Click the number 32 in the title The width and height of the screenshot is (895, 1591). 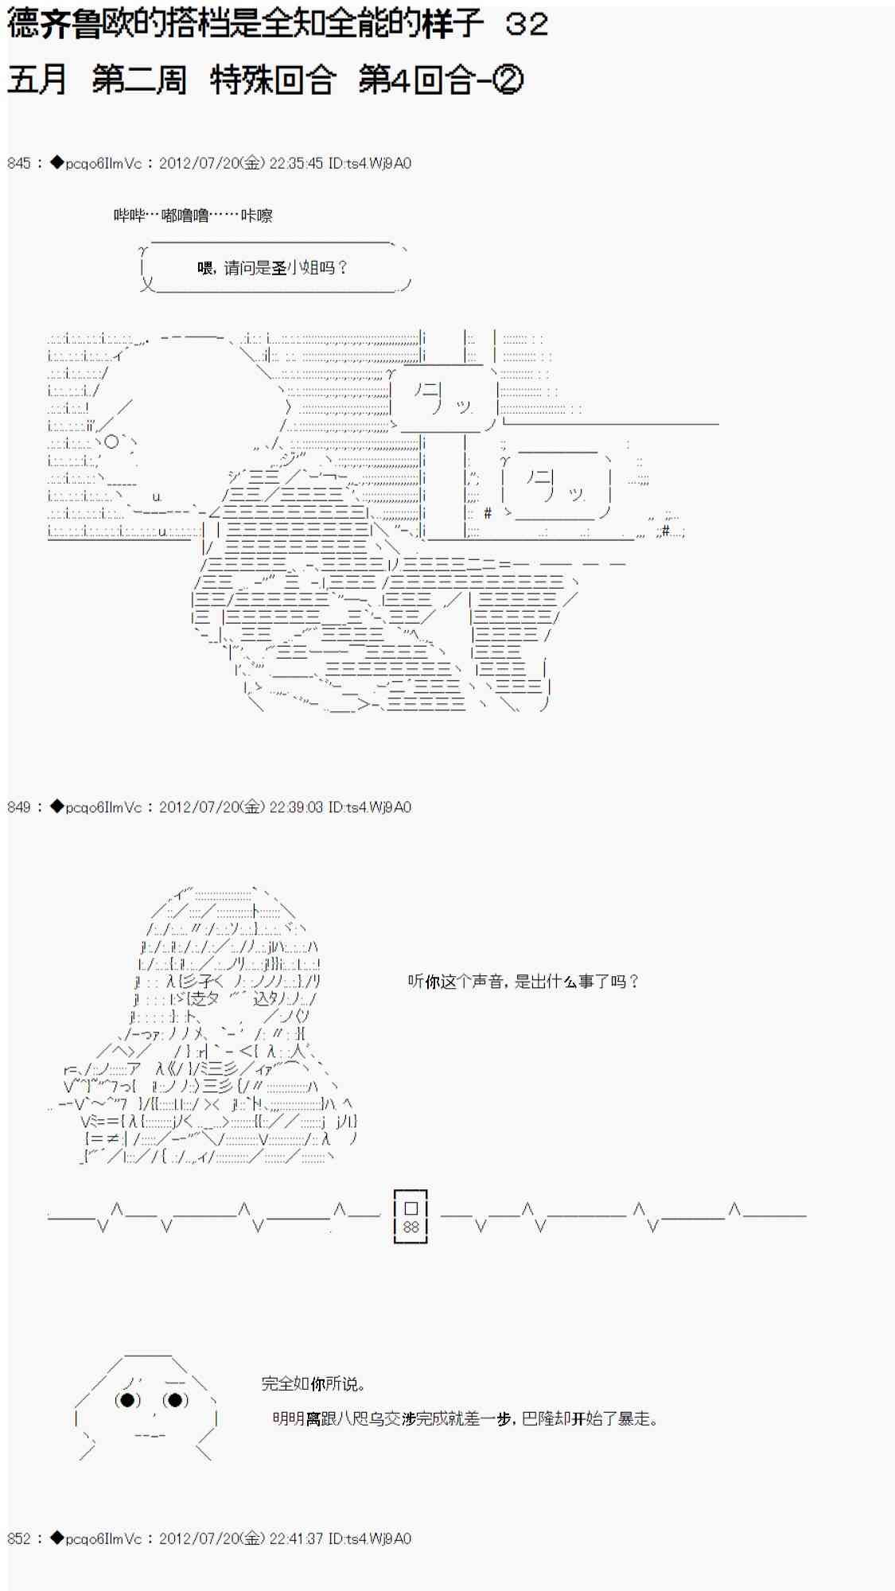[x=527, y=24]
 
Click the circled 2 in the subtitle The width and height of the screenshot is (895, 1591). [x=508, y=80]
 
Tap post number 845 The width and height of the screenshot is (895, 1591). [x=19, y=163]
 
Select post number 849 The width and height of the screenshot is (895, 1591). [x=19, y=807]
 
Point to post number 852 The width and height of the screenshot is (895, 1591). [x=19, y=1538]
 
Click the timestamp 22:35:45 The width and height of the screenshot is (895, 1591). [x=296, y=163]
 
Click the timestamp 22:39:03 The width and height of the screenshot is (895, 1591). [x=296, y=807]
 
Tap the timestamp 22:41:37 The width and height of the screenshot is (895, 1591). [x=296, y=1538]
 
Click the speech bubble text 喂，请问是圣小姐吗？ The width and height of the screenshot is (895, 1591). [x=273, y=268]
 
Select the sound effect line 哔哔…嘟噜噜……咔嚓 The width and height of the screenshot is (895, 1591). [x=193, y=216]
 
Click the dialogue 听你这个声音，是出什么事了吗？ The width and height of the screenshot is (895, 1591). [x=523, y=982]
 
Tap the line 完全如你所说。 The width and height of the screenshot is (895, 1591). [x=314, y=1384]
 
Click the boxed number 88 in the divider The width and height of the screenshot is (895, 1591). [x=411, y=1227]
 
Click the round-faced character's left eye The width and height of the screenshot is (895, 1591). [x=128, y=1400]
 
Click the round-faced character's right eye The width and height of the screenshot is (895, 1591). [x=176, y=1400]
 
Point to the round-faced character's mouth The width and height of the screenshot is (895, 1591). [x=150, y=1436]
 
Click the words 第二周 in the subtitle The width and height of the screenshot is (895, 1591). [x=139, y=80]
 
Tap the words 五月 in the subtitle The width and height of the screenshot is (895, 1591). [x=37, y=80]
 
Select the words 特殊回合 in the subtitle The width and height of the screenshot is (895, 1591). [x=273, y=80]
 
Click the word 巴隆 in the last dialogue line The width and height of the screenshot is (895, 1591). [x=538, y=1418]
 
